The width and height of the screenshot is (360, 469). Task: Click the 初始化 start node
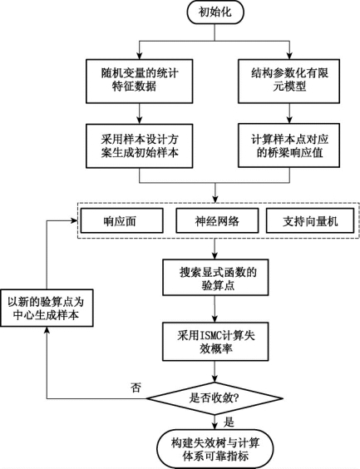215,12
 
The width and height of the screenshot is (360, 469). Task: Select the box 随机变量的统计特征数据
140,81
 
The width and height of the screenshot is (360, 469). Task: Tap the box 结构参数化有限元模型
288,81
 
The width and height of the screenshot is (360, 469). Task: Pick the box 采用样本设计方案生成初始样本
140,146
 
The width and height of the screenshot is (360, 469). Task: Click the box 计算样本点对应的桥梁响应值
288,146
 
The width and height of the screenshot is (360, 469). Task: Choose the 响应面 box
121,220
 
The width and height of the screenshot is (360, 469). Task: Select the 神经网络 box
217,220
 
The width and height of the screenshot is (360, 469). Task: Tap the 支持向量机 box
310,220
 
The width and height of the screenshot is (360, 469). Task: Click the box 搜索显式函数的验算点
215,278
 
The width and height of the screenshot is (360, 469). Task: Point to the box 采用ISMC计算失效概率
215,342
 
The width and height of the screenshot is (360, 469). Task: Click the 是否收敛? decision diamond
215,398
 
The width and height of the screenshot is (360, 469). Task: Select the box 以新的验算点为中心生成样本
47,308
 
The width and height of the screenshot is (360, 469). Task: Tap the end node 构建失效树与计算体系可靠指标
215,449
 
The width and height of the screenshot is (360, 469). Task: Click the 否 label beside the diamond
136,388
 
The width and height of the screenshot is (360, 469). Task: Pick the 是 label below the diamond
229,422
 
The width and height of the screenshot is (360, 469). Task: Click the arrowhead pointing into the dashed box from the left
75,220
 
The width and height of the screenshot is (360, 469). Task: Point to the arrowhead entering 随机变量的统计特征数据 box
140,56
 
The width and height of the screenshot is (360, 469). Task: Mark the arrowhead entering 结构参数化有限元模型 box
289,56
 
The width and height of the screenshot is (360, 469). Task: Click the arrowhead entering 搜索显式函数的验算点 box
215,256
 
